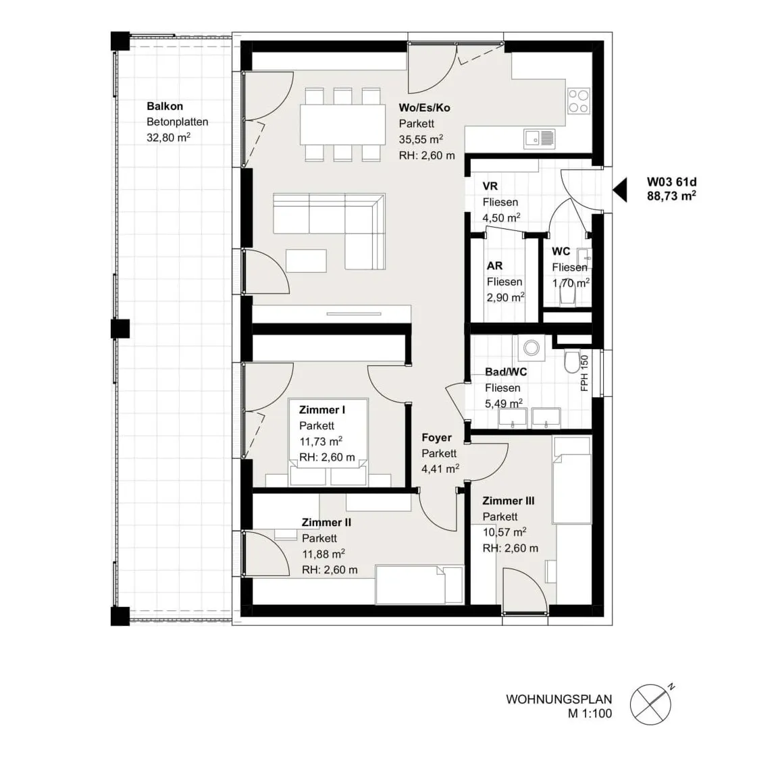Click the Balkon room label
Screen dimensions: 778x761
pos(165,106)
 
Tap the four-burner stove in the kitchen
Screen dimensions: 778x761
pos(579,101)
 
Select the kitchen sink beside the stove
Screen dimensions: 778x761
pos(539,139)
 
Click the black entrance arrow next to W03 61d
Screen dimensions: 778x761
pos(620,190)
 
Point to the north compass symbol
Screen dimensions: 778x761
pos(651,704)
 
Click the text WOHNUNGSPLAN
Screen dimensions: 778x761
pos(559,699)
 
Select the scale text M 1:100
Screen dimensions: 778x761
pos(590,714)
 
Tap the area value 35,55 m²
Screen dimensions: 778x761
pos(421,139)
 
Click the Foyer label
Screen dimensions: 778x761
pos(437,438)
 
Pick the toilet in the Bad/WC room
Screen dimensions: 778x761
pos(571,362)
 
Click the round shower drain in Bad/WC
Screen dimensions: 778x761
pos(531,347)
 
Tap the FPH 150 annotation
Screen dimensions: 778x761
pos(584,373)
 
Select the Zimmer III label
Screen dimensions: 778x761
pos(509,501)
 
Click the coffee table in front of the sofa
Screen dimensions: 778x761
pos(306,261)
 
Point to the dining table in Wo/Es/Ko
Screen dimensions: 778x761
pos(343,124)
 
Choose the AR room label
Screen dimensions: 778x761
pos(494,266)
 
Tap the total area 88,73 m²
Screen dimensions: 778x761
pos(671,195)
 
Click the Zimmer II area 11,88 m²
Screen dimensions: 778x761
pos(323,554)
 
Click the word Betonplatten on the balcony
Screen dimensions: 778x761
pos(177,122)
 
